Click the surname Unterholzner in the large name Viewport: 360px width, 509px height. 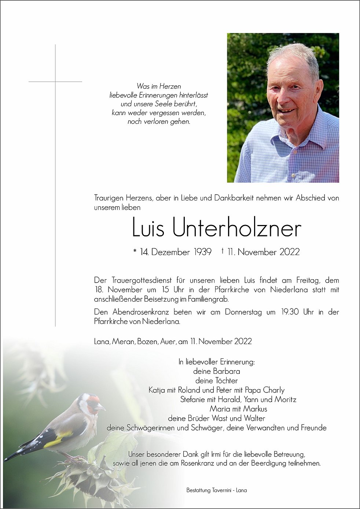(x=236, y=228)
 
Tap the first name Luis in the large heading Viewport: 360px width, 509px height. (x=148, y=228)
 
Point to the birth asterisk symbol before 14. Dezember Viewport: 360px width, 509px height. (x=135, y=252)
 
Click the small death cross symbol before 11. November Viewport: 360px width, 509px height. (x=223, y=251)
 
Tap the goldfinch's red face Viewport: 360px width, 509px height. (x=94, y=401)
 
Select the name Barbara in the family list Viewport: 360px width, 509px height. (x=227, y=371)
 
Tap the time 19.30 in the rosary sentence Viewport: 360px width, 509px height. (x=290, y=312)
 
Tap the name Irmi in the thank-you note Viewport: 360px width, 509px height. (x=216, y=454)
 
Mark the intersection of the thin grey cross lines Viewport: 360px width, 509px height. (x=55, y=81)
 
